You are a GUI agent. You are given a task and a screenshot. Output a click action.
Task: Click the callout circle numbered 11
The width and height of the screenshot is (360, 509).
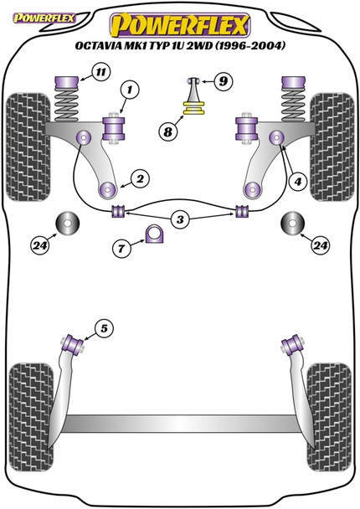point(101,72)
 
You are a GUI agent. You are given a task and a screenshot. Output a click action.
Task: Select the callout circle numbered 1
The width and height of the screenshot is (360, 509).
point(130,90)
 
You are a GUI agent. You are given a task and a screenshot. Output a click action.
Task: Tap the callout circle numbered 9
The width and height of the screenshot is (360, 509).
point(223,81)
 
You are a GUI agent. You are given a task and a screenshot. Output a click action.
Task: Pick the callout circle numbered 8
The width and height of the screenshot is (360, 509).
point(168,131)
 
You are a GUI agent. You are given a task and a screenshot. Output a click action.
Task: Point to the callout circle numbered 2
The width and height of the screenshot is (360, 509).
point(141,178)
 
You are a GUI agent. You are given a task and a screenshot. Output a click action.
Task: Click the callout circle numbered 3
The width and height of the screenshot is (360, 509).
point(180,220)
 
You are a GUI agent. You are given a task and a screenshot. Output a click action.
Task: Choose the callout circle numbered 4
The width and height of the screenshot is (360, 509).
point(298,182)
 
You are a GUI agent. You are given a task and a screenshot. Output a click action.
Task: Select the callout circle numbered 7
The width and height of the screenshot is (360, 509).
point(121,249)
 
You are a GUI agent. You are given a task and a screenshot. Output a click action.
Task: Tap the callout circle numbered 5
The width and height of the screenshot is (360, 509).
point(104,328)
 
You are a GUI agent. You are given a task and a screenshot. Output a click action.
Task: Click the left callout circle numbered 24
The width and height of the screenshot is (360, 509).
point(40,245)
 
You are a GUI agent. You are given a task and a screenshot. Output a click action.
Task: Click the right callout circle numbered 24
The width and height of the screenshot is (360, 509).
point(320,245)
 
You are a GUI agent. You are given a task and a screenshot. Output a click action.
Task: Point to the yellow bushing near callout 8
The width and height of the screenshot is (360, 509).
point(194,108)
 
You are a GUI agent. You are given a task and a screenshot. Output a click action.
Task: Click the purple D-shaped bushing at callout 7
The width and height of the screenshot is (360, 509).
point(154,234)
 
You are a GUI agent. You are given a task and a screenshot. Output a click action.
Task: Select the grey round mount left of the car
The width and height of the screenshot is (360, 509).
point(68,223)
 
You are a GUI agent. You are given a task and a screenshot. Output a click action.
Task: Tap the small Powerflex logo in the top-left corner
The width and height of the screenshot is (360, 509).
point(44,18)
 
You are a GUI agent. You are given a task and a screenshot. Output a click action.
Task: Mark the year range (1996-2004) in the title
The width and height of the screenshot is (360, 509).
point(249,45)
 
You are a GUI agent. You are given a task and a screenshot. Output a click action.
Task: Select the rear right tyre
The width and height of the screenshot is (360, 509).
point(329,417)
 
